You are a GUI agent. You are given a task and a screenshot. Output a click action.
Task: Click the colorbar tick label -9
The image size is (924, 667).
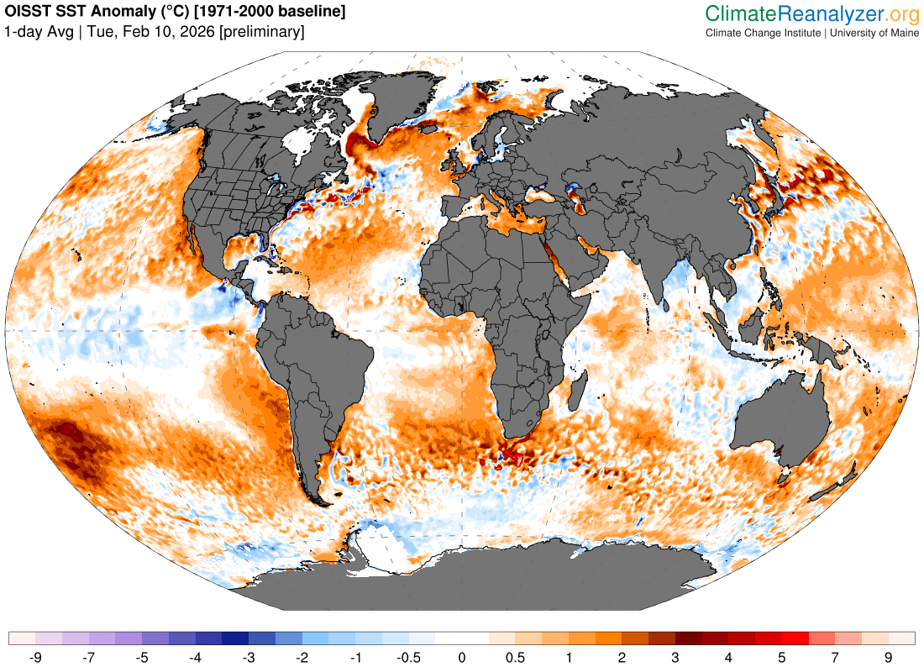pos(35,656)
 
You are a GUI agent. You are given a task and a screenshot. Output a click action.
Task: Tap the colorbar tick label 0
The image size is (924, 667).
pos(462,656)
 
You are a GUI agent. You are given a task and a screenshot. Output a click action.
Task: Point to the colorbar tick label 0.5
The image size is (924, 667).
pos(515,656)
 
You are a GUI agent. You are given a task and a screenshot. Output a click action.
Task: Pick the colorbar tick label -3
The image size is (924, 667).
pos(249,656)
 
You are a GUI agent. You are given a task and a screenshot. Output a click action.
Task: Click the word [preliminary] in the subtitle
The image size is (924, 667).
pos(261,32)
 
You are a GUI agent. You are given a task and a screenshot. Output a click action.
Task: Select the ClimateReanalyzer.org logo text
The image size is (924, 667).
pos(812,13)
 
